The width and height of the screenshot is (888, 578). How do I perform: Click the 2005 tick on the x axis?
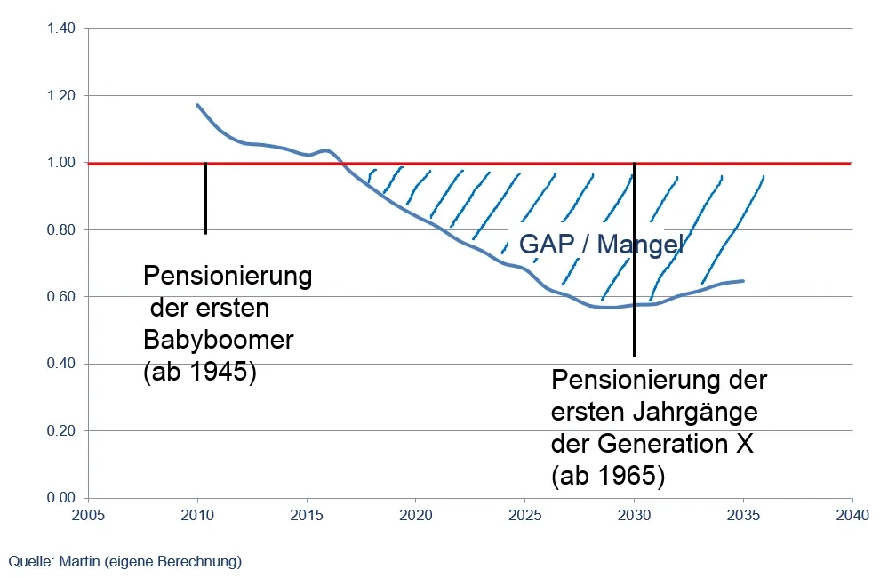click(88, 514)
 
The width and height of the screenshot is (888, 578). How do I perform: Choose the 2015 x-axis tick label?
click(307, 514)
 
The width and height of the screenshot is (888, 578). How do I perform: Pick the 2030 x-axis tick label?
click(634, 514)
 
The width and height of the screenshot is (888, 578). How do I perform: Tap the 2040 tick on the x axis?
click(852, 514)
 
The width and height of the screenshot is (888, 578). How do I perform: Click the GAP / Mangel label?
click(600, 245)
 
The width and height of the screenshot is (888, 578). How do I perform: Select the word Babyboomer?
click(218, 341)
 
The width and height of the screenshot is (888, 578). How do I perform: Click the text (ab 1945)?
click(199, 373)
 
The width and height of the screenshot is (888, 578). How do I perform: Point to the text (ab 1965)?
click(608, 475)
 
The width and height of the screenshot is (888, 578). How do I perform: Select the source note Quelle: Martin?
click(124, 561)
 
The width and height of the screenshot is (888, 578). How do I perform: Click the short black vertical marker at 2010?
click(205, 198)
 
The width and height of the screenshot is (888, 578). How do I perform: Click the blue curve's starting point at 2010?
click(197, 105)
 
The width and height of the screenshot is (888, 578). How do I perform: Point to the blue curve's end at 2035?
click(743, 281)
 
